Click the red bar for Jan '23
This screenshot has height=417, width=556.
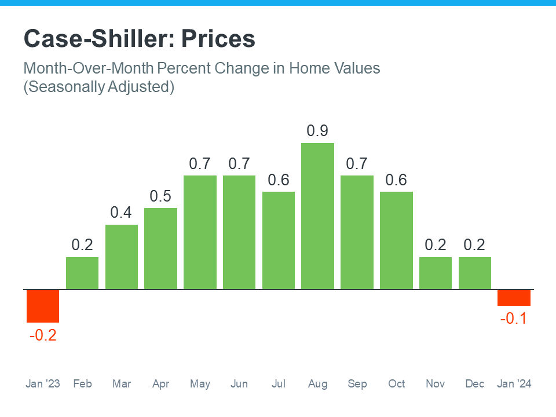[x=43, y=306]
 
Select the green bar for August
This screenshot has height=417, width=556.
[x=317, y=216]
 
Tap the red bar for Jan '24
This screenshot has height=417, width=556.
[x=514, y=298]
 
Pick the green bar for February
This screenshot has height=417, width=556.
[x=82, y=273]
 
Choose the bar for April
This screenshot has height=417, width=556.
[x=160, y=248]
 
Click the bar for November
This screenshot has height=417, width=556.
[x=435, y=273]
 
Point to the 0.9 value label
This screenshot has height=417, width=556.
[x=317, y=131]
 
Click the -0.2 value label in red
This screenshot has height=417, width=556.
[x=43, y=335]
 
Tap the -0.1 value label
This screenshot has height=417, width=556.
[x=514, y=319]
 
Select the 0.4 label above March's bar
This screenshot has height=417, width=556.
[x=121, y=213]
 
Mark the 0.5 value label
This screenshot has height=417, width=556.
[x=160, y=196]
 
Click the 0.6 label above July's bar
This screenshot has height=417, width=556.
[x=278, y=180]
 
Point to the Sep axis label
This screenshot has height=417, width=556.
[x=357, y=384]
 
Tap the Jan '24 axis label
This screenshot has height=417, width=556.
[x=514, y=384]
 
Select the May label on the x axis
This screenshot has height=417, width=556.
[x=200, y=384]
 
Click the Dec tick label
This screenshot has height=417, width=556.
[x=474, y=384]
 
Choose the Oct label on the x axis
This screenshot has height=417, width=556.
[x=396, y=384]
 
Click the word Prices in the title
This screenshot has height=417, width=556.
[x=218, y=39]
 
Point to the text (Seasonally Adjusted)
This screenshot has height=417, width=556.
[x=98, y=87]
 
